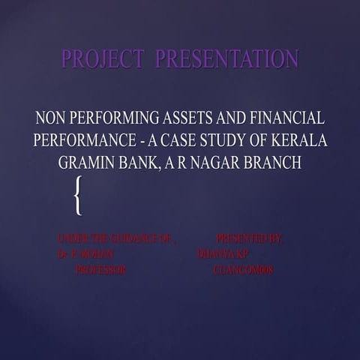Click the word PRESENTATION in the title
coord(226,59)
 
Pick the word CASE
coord(192,140)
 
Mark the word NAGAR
coord(223,162)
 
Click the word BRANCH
coord(277,162)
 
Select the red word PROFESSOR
coord(100,271)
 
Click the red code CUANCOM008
coord(244,271)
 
